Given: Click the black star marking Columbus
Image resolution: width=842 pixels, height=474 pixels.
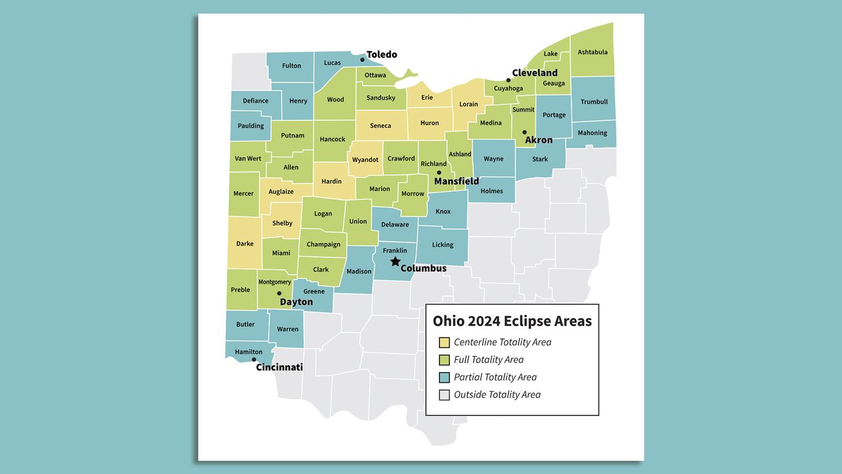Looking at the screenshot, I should tap(395, 262).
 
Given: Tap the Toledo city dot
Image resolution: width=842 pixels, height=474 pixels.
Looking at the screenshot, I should tap(362, 60).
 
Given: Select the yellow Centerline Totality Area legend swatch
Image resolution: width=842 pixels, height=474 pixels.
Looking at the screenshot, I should tap(444, 343).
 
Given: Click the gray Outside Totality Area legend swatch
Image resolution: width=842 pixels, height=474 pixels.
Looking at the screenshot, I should tap(444, 395).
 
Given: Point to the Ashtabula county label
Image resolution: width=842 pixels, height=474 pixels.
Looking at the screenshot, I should tap(592, 52).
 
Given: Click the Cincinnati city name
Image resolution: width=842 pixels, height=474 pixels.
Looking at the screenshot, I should tap(279, 367).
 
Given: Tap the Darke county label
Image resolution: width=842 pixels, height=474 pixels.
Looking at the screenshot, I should tap(245, 244).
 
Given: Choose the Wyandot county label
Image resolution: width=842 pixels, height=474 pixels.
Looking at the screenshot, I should tap(365, 160).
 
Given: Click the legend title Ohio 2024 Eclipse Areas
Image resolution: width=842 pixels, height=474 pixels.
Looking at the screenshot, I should tap(512, 321).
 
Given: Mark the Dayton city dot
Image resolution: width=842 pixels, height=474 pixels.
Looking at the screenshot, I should tap(279, 294).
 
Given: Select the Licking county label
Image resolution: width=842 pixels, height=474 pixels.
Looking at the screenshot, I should tap(443, 245).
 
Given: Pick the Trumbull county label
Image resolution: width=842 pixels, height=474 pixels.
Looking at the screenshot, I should tap(594, 102).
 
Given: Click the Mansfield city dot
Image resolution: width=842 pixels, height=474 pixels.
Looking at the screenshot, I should tap(439, 173).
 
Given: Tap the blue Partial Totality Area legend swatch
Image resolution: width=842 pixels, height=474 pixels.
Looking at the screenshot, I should tap(444, 378).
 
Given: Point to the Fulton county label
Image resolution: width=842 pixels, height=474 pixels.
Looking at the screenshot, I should tap(292, 66).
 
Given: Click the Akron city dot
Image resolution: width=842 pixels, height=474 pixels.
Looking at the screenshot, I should tap(525, 132).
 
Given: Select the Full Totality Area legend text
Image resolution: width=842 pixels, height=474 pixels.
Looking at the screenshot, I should tap(488, 360).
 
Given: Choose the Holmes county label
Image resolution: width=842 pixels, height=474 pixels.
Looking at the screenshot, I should tap(492, 191).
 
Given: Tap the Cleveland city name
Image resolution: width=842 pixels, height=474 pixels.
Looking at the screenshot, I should tap(534, 73).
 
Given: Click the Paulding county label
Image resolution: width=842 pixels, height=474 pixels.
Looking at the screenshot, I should tap(251, 126).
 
